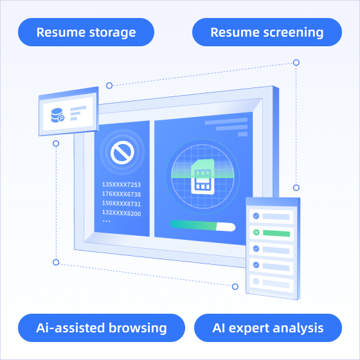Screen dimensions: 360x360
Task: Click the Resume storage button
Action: point(86,32)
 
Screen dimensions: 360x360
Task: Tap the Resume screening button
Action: point(267,32)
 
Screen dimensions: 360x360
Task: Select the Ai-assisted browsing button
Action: point(102,328)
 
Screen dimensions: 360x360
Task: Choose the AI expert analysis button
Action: point(268,328)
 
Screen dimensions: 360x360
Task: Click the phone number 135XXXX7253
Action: point(122,184)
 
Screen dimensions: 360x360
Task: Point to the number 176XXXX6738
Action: point(122,194)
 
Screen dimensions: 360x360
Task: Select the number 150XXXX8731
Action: point(122,204)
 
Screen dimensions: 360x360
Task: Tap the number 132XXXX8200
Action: point(122,213)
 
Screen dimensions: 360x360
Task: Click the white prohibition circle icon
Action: point(122,152)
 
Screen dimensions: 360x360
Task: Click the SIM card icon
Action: point(203,177)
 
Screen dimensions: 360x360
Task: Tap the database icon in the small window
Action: point(57,115)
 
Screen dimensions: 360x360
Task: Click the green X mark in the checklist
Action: point(256,232)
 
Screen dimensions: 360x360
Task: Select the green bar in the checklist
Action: point(276,233)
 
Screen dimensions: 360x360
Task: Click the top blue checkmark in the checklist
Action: point(256,216)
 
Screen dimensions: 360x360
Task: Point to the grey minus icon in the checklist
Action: point(256,282)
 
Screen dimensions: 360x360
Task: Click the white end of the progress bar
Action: point(226,227)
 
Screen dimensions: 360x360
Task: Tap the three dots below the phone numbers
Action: point(107,221)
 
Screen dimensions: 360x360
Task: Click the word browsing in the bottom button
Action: point(138,328)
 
